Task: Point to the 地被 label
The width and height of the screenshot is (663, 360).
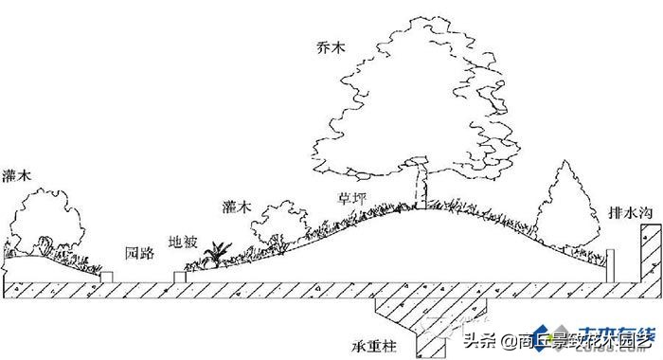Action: [x=183, y=242]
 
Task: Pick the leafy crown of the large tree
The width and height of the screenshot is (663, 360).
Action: [x=417, y=95]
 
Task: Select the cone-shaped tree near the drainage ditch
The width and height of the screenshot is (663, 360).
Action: [x=566, y=204]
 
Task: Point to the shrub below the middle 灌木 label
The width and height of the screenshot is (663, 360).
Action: [x=278, y=225]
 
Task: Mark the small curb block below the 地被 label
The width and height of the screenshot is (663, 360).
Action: [x=180, y=276]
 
